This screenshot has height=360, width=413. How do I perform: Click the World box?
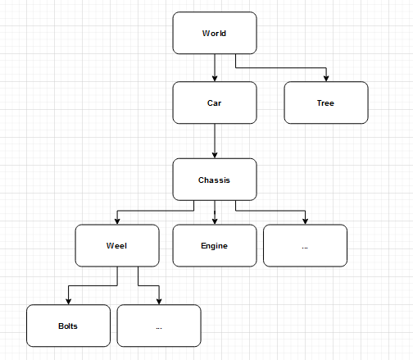coord(215,33)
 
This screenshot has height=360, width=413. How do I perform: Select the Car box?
coord(215,103)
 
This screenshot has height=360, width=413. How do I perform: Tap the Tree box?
coord(326,103)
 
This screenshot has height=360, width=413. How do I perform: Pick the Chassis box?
coord(215,180)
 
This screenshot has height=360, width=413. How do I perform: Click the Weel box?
coord(117,245)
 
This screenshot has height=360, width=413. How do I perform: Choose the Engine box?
coord(215,245)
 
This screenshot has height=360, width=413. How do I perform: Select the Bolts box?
coord(68,326)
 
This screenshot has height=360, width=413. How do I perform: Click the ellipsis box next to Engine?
coord(305,245)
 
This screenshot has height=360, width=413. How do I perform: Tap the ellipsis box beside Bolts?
coord(159,326)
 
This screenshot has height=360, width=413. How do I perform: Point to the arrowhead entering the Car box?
coord(215,79)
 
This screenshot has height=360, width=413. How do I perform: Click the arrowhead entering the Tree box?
coord(326,79)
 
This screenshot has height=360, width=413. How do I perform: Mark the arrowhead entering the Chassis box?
coord(215,155)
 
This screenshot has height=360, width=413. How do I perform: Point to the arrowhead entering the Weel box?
coord(117,221)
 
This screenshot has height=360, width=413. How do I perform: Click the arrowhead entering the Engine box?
coord(215,221)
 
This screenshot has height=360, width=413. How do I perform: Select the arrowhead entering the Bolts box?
coord(68,302)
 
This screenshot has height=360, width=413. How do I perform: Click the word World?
coord(214,34)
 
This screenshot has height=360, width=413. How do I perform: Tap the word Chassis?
coord(214,180)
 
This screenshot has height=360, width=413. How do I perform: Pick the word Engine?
coord(214,246)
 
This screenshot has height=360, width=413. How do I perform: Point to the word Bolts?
coord(68,326)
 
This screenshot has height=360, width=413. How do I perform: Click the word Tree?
coord(325,103)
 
